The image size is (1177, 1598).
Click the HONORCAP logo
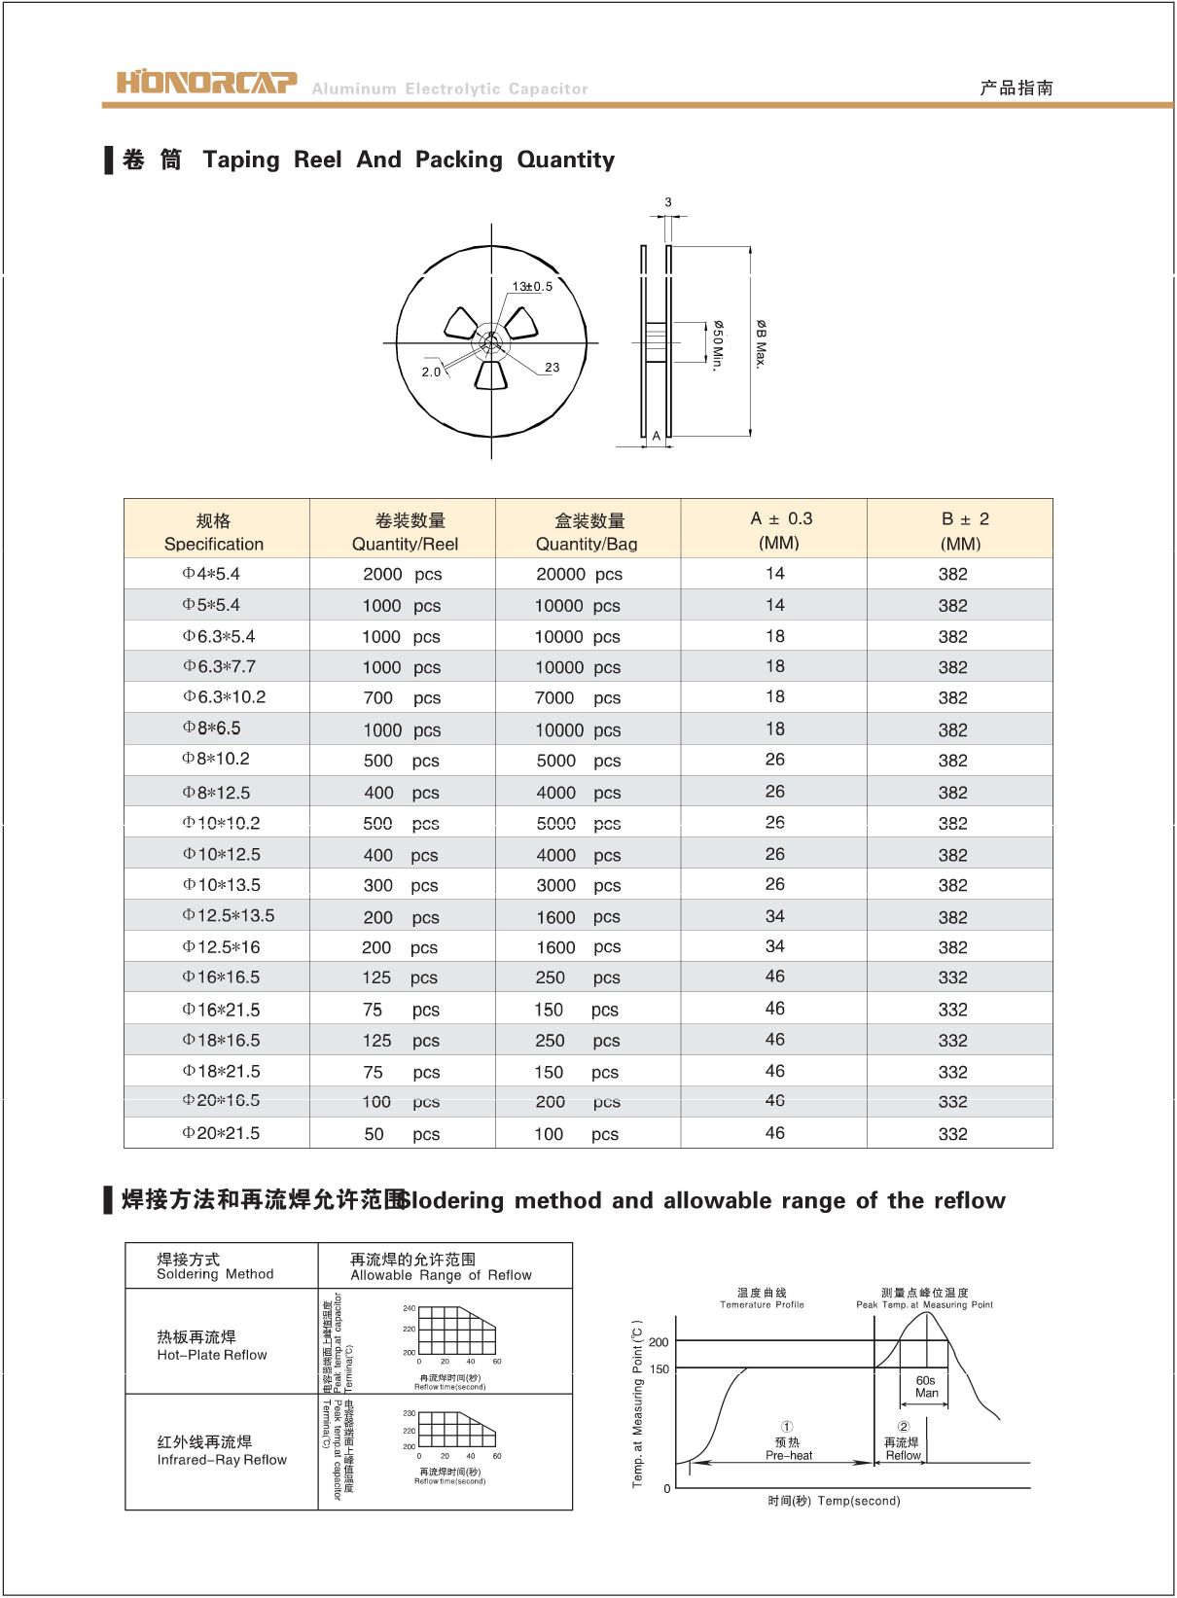(206, 83)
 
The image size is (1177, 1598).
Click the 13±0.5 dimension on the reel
(532, 286)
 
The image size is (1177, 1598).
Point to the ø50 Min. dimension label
(718, 345)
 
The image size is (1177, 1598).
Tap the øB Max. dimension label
(761, 343)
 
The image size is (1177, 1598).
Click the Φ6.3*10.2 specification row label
(225, 697)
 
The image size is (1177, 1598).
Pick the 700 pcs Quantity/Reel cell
(401, 698)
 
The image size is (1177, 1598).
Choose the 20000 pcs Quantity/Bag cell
(579, 575)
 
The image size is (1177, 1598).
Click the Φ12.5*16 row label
(222, 947)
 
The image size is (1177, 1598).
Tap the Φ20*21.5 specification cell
(222, 1134)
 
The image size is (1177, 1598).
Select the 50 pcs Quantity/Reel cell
(401, 1135)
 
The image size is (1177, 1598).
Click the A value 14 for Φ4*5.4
(774, 574)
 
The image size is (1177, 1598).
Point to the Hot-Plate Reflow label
(212, 1355)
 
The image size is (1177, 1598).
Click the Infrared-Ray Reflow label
(222, 1460)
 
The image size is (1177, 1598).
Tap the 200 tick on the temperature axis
(659, 1342)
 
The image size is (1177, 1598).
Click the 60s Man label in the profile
(926, 1387)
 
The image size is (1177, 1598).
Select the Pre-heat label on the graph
(789, 1456)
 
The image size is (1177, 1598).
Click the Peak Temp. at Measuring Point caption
(924, 1305)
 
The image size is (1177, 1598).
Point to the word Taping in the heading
(241, 160)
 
